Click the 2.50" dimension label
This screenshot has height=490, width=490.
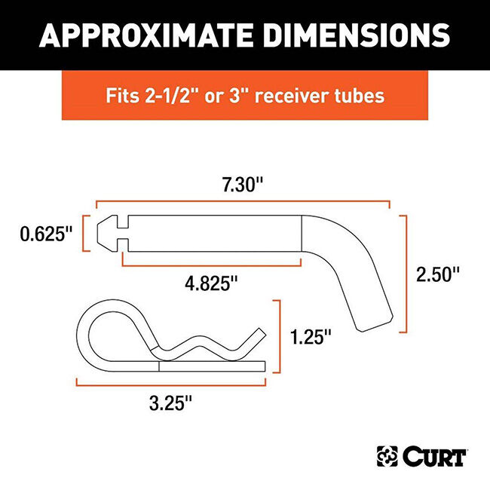[438, 274]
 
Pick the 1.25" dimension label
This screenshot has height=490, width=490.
[309, 337]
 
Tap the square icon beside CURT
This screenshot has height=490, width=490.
[387, 456]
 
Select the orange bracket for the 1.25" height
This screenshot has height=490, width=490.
[280, 336]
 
